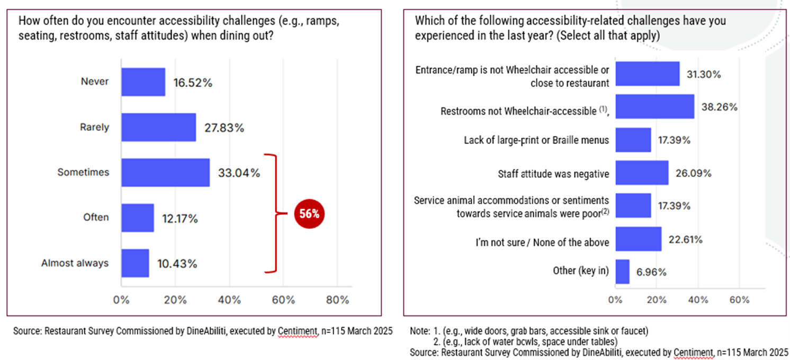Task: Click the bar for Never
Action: point(143,82)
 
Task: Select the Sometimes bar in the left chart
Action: point(165,173)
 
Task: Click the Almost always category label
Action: point(75,263)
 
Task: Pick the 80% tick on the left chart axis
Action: point(337,300)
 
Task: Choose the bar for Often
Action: point(138,218)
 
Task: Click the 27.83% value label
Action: point(224,128)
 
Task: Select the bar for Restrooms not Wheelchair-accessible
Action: point(654,107)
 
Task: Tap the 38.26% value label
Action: point(720,107)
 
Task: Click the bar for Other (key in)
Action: point(622,272)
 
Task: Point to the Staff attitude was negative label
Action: point(553,174)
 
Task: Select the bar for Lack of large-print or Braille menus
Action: point(633,140)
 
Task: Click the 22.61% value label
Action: point(685,239)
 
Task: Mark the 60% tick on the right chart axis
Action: point(739,300)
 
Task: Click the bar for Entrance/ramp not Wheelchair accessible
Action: point(647,74)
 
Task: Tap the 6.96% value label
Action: point(651,272)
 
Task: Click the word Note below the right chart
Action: point(418,331)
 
